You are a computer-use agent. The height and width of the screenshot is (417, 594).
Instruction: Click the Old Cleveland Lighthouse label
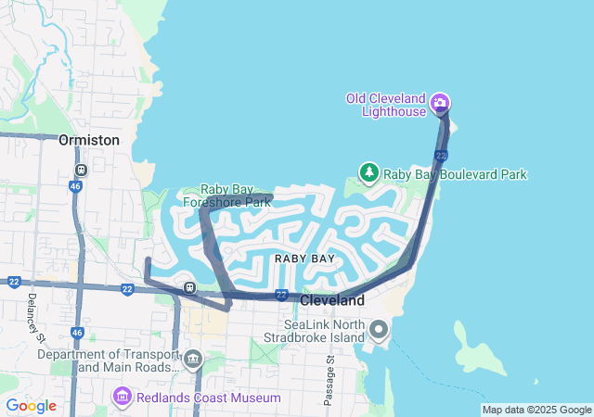pyautogui.click(x=385, y=104)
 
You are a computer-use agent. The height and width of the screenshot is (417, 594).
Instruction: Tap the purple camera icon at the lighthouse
pyautogui.click(x=441, y=103)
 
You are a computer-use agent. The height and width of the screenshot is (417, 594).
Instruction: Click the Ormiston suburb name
pyautogui.click(x=89, y=140)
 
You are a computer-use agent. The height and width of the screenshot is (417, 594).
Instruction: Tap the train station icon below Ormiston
pyautogui.click(x=81, y=171)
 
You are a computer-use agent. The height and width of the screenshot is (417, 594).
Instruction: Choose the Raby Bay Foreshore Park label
pyautogui.click(x=226, y=196)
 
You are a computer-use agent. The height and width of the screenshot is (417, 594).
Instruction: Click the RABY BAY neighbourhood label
pyautogui.click(x=304, y=259)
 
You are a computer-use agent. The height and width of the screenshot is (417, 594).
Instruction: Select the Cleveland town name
pyautogui.click(x=332, y=301)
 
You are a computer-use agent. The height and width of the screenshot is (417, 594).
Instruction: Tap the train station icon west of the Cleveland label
pyautogui.click(x=189, y=286)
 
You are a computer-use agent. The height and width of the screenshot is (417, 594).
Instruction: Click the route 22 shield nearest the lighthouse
pyautogui.click(x=442, y=155)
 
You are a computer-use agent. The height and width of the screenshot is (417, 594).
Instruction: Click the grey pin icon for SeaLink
pyautogui.click(x=379, y=329)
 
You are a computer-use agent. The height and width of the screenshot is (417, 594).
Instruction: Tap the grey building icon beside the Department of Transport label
pyautogui.click(x=193, y=359)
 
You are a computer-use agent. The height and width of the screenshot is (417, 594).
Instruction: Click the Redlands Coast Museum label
pyautogui.click(x=209, y=398)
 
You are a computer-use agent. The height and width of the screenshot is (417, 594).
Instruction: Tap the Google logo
pyautogui.click(x=31, y=406)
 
